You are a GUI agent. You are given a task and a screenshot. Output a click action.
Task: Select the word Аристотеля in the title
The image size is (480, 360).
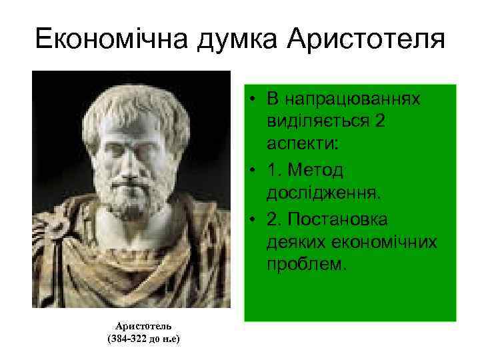click(365, 39)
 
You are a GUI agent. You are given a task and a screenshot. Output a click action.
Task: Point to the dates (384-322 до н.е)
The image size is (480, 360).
click(144, 339)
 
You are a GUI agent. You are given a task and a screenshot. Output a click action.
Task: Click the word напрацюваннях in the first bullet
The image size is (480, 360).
click(352, 100)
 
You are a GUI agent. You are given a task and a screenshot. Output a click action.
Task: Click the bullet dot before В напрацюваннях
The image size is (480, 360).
click(256, 101)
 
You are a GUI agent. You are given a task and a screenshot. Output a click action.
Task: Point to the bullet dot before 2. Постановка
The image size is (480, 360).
click(256, 219)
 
